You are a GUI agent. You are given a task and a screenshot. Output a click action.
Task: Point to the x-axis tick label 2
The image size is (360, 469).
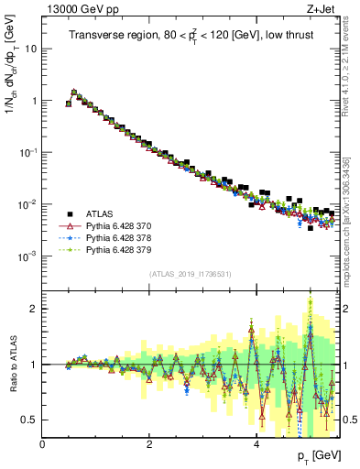tap(148, 444)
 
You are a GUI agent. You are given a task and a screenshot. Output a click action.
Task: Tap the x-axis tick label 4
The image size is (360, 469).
tap(256, 444)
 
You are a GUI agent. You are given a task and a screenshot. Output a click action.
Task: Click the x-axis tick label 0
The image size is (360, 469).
tap(42, 444)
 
